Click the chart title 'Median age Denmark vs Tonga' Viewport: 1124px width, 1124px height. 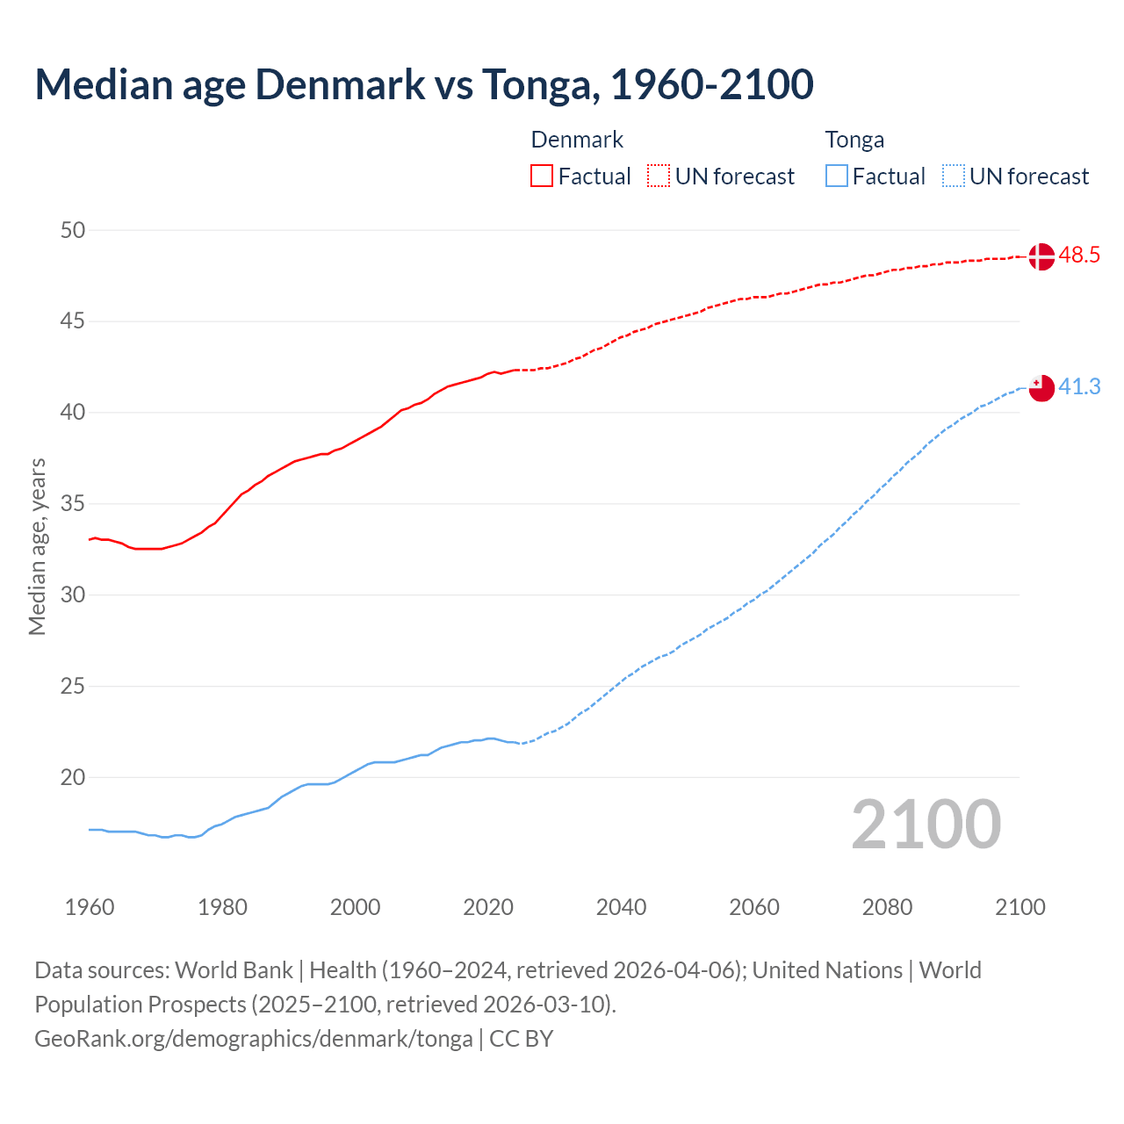(x=424, y=84)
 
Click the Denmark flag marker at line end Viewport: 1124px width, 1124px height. (x=1041, y=256)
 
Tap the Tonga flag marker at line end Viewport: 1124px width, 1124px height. (x=1041, y=387)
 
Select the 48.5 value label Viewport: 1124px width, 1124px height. (x=1079, y=256)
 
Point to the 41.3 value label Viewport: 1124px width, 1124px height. (x=1079, y=386)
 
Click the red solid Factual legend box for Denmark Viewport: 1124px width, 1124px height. (x=542, y=177)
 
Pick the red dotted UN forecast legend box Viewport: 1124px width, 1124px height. (x=659, y=177)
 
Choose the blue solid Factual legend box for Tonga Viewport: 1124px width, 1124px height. (x=837, y=177)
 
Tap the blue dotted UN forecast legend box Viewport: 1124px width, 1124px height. (x=954, y=177)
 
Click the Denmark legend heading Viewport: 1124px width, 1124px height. (x=577, y=140)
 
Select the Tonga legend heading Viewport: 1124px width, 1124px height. (x=854, y=140)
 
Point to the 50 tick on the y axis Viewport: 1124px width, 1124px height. (x=73, y=230)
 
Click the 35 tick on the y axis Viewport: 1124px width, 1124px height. (x=73, y=504)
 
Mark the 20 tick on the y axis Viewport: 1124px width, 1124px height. (x=73, y=777)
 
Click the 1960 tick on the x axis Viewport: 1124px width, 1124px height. (x=90, y=907)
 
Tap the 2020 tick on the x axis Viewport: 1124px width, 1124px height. (x=488, y=907)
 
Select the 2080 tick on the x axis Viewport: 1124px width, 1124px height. (x=887, y=907)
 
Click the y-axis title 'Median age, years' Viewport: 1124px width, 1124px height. (x=37, y=546)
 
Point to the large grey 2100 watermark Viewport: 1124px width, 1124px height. (x=926, y=825)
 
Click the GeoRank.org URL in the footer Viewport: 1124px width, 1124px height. (x=253, y=1039)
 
